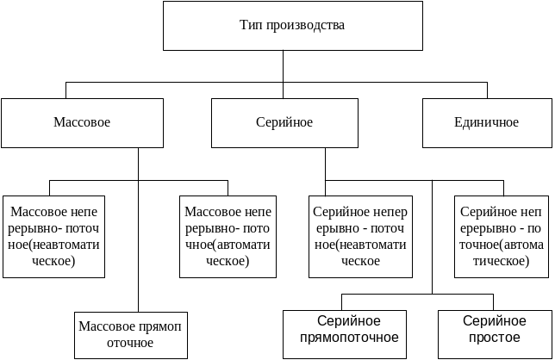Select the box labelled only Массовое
tap(83, 122)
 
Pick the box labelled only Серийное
tap(284, 122)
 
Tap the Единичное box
tap(487, 122)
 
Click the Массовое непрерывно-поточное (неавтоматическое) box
tap(53, 236)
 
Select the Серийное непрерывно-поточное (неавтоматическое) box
tap(359, 236)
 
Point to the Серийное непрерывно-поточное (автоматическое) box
tap(502, 236)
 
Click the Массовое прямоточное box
tap(129, 335)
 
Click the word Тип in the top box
tap(251, 25)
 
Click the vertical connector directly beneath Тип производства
tap(283, 67)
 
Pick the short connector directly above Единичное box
tap(488, 90)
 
